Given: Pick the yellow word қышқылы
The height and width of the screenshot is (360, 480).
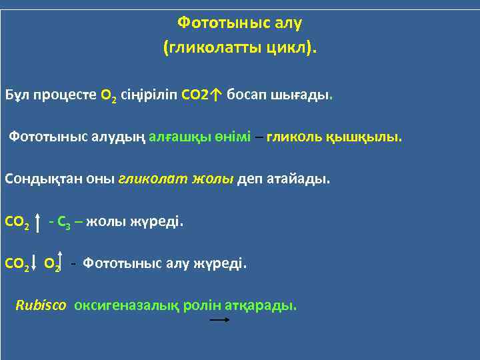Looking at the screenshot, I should click(364, 137).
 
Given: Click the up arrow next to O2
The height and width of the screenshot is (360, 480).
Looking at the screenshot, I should click(61, 262).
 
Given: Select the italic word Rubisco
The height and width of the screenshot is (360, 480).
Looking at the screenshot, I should click(41, 305).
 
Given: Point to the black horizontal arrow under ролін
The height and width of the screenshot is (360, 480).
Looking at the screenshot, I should click(219, 321).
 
